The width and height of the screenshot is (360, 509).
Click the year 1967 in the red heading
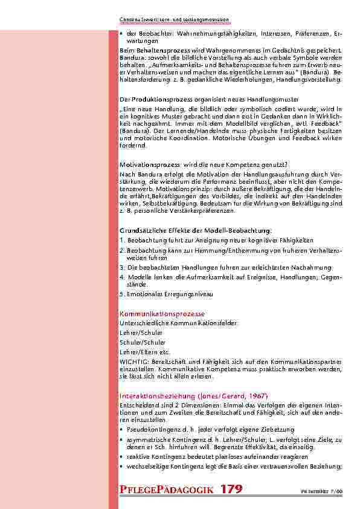[255, 395]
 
